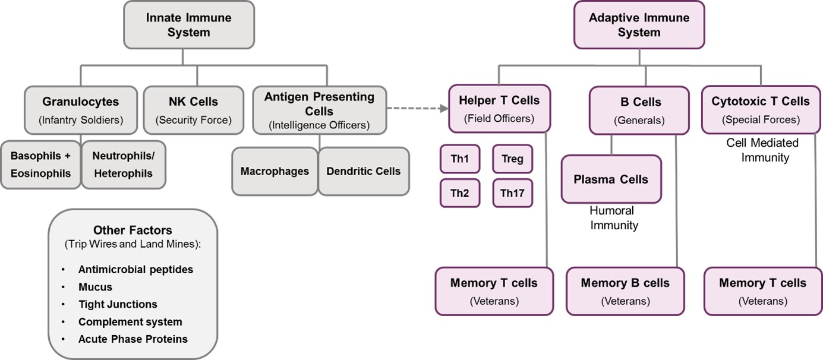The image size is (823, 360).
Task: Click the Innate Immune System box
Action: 189,25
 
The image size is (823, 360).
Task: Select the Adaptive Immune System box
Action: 639,25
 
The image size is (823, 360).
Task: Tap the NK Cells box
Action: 193,110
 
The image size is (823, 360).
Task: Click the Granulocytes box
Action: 80,110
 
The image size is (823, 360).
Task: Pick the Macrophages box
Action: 275,171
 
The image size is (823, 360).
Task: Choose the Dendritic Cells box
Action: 364,171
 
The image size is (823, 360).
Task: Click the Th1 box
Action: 459,159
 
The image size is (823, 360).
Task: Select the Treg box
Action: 513,159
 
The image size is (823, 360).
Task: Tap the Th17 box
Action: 513,193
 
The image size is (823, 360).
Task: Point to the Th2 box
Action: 459,193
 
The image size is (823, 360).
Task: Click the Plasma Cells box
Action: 611,179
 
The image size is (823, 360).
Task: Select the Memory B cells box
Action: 625,291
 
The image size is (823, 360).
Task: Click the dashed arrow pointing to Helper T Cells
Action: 417,108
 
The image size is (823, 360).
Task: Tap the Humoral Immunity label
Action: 614,218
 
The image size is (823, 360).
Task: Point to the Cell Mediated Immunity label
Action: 763,150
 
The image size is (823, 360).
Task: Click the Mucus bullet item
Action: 95,287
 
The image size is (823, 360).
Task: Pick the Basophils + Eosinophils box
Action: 40,165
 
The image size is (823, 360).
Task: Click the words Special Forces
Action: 761,120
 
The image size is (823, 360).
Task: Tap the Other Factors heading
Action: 133,230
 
